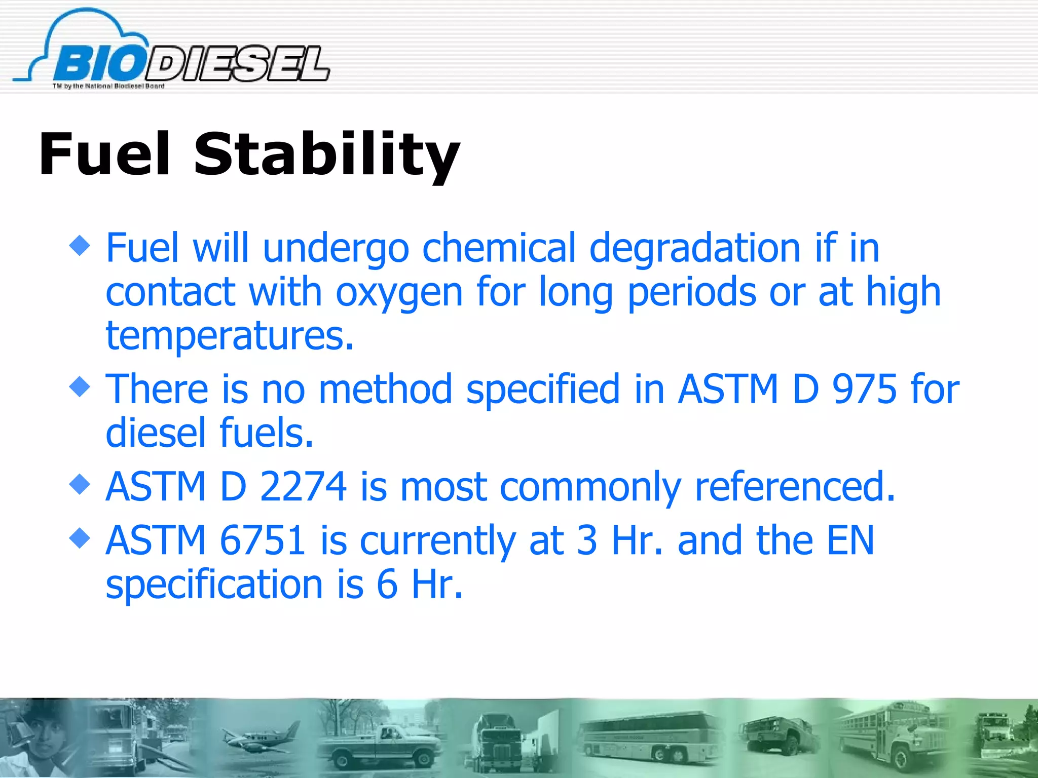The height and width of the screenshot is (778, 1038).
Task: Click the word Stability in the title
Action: coord(326,154)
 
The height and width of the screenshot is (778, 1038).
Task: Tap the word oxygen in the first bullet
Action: coord(399,293)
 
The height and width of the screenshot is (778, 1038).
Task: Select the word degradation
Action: coord(695,248)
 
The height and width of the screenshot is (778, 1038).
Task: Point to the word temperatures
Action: coord(229,336)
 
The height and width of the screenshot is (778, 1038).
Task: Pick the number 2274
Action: coord(303,486)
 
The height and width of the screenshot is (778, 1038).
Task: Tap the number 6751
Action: coord(263,540)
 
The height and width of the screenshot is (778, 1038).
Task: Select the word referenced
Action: coord(794,486)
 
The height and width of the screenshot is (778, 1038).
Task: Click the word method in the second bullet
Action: coord(385,389)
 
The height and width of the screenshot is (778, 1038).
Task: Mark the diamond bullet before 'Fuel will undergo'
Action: coord(80,247)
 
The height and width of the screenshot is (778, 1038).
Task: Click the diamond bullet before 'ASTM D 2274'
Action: coord(80,485)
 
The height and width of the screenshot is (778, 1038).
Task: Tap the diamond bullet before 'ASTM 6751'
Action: coord(80,538)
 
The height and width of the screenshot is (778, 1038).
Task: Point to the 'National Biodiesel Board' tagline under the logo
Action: coord(108,86)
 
